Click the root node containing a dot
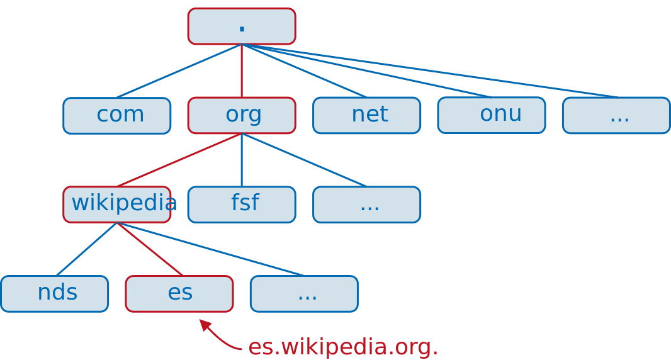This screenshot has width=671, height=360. [x=242, y=26]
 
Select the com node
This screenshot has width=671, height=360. [x=117, y=115]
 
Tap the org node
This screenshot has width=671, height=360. [x=242, y=115]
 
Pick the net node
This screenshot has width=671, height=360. [x=366, y=115]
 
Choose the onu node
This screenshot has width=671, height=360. [x=491, y=115]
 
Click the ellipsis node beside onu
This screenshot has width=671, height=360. [x=616, y=115]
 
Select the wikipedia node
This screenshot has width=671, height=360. [x=117, y=205]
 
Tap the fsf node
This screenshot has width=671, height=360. [x=242, y=205]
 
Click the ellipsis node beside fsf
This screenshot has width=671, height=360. [x=366, y=205]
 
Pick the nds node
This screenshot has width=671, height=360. [x=55, y=293]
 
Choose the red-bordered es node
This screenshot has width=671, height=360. [x=179, y=293]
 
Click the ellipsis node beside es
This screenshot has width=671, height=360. [x=304, y=293]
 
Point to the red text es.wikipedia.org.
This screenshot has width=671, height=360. [x=342, y=347]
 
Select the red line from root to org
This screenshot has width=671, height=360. [x=242, y=70]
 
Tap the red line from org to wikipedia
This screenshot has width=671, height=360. [x=179, y=160]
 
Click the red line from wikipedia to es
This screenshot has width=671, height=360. [x=149, y=249]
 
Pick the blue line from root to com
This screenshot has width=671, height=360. [x=179, y=70]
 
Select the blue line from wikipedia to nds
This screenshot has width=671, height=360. [x=86, y=249]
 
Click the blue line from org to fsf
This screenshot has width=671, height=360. [x=242, y=160]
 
